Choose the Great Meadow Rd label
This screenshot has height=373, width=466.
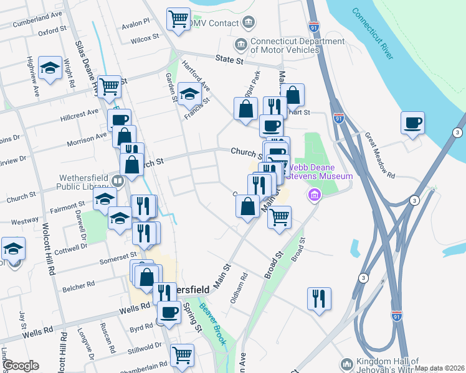[x=380, y=155]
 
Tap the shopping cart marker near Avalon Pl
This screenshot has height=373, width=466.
[x=179, y=19]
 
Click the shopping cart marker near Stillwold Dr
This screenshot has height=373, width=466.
[x=182, y=355]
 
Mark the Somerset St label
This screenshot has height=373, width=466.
[x=118, y=257]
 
